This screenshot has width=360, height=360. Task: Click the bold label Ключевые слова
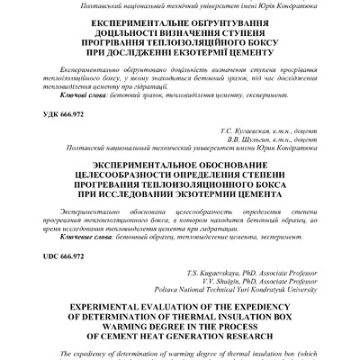76,239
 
